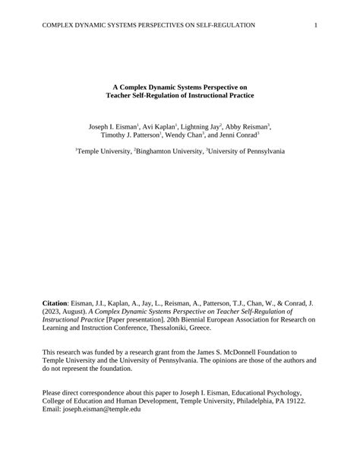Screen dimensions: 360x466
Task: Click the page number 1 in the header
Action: pos(315,25)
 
